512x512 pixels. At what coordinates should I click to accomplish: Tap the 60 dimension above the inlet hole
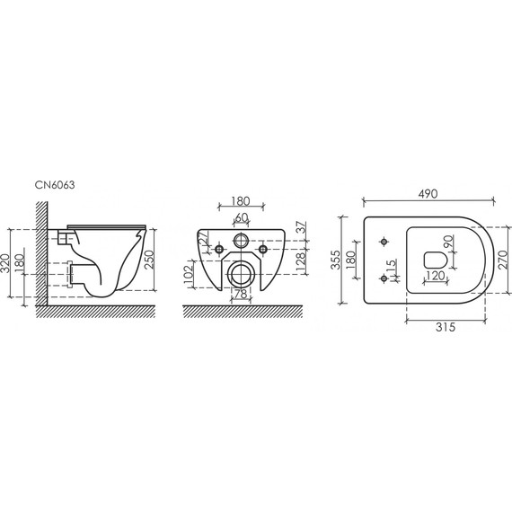coord(242,218)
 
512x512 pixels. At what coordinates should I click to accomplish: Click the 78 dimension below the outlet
coord(242,295)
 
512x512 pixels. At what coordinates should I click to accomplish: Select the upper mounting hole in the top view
coord(384,242)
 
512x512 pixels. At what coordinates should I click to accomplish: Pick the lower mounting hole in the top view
coord(384,278)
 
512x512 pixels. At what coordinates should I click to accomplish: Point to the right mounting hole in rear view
coord(263,249)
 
